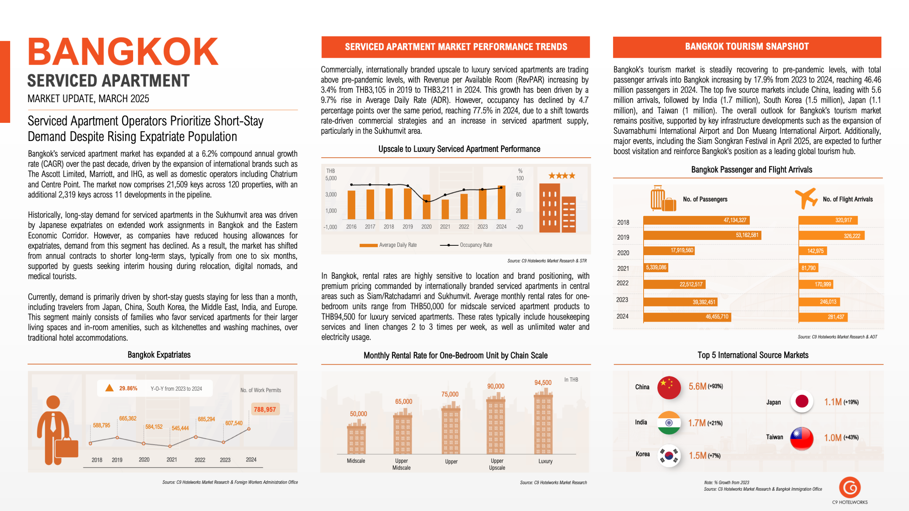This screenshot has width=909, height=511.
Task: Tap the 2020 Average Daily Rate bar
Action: click(x=427, y=207)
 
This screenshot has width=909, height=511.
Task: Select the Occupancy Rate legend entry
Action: click(x=466, y=245)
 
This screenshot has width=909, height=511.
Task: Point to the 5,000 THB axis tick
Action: click(x=331, y=178)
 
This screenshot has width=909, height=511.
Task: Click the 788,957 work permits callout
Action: click(x=265, y=409)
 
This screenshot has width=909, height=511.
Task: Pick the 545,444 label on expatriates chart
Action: click(x=180, y=428)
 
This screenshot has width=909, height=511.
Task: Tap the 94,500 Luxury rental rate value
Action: click(x=543, y=382)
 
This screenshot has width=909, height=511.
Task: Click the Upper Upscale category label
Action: click(x=497, y=464)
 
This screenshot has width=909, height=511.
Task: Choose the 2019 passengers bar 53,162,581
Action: click(x=702, y=235)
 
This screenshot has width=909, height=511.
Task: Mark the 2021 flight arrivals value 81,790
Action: click(x=809, y=268)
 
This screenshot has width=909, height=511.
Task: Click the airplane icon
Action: click(x=806, y=198)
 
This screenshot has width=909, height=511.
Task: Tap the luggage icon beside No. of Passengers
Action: click(x=663, y=198)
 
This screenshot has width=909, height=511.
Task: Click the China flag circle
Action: click(x=669, y=387)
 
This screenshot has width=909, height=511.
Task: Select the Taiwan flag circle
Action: click(x=802, y=438)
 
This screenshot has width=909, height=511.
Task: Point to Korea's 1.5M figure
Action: click(x=697, y=455)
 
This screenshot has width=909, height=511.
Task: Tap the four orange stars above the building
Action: click(x=562, y=176)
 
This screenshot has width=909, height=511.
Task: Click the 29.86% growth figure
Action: click(x=128, y=388)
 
